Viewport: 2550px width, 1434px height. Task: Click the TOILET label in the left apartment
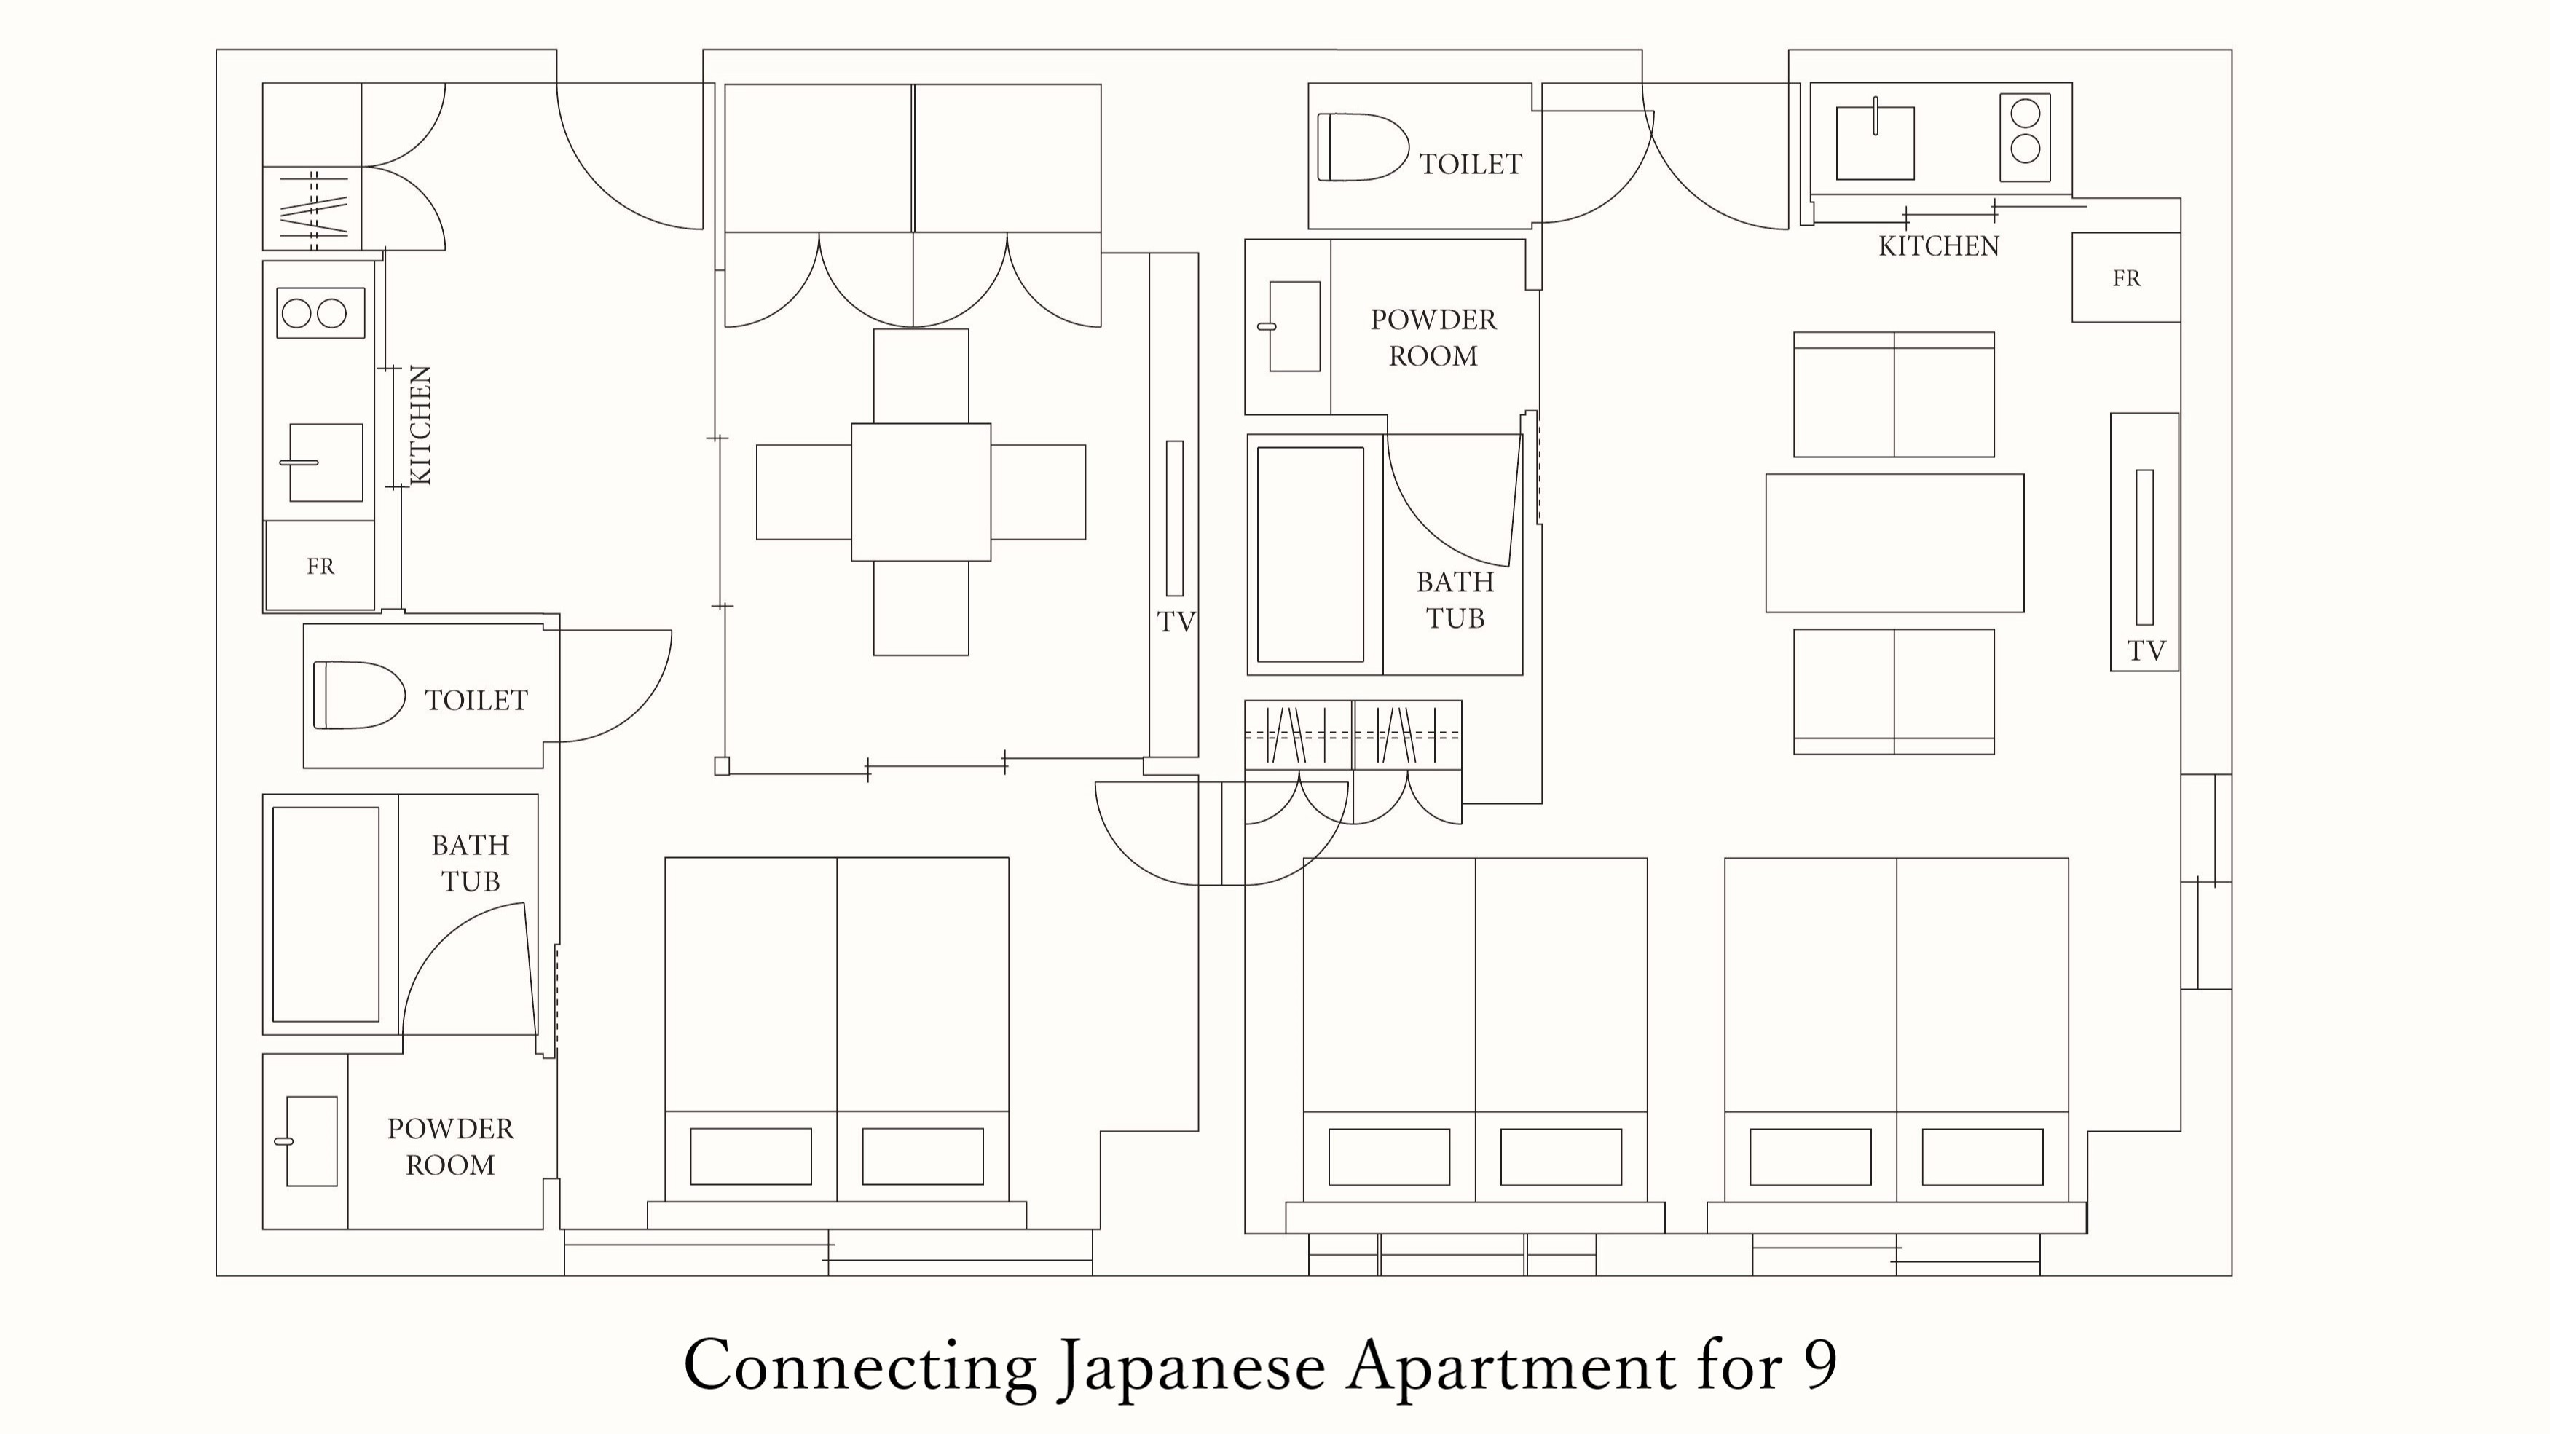click(476, 701)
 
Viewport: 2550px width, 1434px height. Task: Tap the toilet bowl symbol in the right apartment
click(1362, 147)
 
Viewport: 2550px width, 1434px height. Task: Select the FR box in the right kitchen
click(2125, 278)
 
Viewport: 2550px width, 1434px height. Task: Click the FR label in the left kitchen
click(320, 566)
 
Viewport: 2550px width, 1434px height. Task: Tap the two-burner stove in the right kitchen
click(2024, 138)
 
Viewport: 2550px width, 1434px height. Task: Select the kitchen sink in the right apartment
click(1875, 143)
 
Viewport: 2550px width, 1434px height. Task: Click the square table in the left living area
click(921, 492)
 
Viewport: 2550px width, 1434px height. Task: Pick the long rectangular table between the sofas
click(1894, 543)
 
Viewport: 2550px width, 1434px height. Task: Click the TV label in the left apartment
click(1176, 623)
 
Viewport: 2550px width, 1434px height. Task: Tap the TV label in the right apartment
click(2146, 651)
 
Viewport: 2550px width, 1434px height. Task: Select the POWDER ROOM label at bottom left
click(450, 1146)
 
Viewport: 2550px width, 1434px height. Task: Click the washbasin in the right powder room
click(1294, 326)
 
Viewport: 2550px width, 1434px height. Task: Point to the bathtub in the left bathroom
click(326, 913)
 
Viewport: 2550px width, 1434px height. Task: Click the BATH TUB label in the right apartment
click(1454, 599)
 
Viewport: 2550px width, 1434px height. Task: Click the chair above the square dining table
click(921, 376)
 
